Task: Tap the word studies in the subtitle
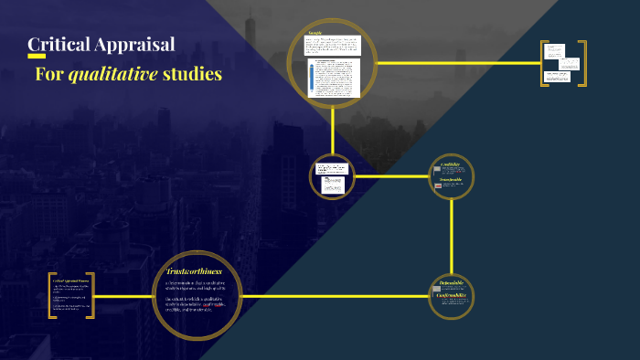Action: point(192,74)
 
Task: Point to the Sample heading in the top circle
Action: point(315,33)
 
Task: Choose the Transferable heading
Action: point(452,179)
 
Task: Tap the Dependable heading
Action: point(452,284)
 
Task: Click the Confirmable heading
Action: point(452,295)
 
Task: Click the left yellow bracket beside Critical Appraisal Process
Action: point(51,295)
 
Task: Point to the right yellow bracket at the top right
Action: point(583,64)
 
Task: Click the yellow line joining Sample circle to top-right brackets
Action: point(457,63)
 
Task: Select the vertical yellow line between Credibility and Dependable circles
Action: point(452,238)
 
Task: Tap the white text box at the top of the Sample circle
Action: point(333,45)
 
